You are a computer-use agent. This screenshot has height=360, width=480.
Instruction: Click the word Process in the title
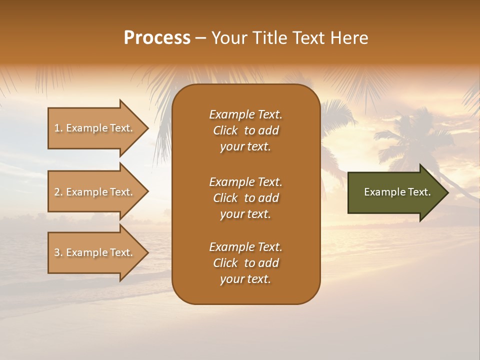click(157, 38)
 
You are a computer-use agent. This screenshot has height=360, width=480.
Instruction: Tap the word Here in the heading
click(349, 38)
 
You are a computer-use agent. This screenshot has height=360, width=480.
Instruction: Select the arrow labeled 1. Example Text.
click(95, 128)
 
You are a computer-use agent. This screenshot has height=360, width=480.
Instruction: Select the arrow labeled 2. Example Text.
click(95, 192)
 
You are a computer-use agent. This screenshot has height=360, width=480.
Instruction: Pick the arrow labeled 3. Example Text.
click(95, 252)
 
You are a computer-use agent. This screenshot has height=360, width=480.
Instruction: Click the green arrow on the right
click(395, 192)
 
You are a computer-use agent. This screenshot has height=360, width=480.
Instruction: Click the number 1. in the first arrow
click(58, 128)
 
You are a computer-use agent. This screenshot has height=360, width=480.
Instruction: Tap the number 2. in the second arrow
click(58, 192)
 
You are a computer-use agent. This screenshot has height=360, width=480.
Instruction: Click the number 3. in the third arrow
click(58, 252)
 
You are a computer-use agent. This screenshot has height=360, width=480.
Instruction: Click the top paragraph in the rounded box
click(245, 130)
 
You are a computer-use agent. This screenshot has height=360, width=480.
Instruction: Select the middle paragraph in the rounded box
click(245, 198)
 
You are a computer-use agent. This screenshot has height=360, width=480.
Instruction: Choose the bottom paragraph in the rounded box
click(245, 263)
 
